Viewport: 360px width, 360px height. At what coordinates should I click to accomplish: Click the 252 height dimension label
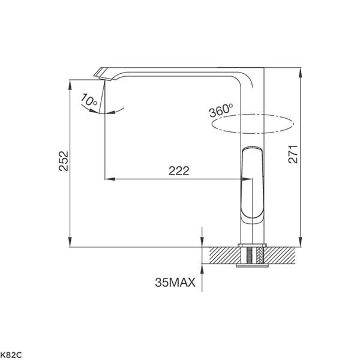tap(64, 161)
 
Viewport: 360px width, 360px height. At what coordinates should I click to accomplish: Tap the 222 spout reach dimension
tap(178, 170)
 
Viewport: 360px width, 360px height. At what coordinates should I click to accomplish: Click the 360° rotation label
tap(220, 112)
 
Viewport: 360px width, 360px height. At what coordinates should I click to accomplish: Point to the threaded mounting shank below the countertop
tap(252, 256)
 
